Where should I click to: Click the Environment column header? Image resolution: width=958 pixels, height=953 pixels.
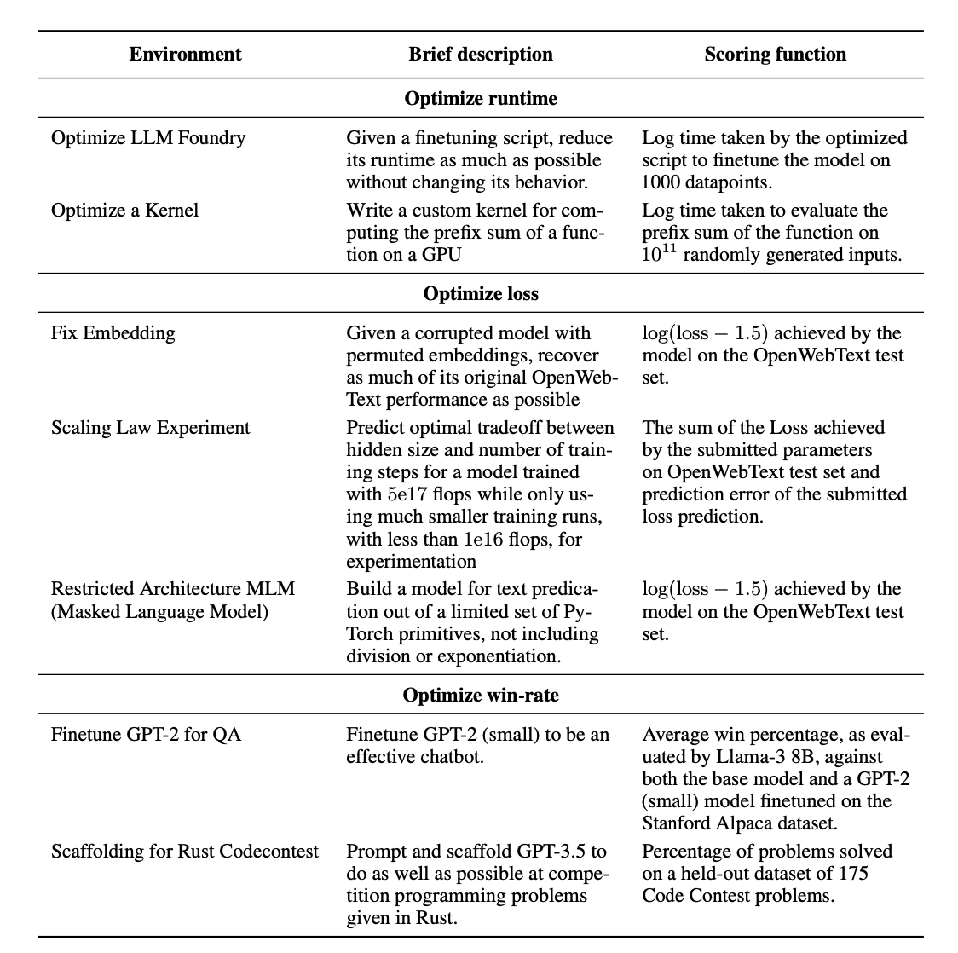pyautogui.click(x=185, y=55)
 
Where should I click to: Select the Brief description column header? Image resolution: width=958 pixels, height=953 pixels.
pyautogui.click(x=481, y=55)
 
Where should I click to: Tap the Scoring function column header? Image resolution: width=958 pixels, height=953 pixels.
pyautogui.click(x=776, y=55)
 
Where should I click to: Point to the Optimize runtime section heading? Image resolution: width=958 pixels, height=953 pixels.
pyautogui.click(x=481, y=99)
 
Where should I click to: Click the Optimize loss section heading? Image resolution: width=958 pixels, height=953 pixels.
pyautogui.click(x=481, y=294)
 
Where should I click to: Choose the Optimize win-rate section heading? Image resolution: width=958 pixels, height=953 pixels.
pyautogui.click(x=481, y=696)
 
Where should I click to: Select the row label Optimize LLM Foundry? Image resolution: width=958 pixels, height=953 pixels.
pyautogui.click(x=148, y=138)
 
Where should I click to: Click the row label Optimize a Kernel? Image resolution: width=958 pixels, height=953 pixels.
pyautogui.click(x=124, y=211)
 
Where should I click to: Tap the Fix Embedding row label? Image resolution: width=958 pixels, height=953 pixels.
pyautogui.click(x=113, y=333)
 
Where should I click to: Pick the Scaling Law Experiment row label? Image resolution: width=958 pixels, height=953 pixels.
pyautogui.click(x=151, y=428)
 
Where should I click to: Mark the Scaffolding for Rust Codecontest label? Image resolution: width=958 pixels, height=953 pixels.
pyautogui.click(x=185, y=852)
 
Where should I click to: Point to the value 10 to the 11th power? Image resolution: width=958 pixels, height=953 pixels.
pyautogui.click(x=658, y=254)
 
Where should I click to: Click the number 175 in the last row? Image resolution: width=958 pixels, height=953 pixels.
pyautogui.click(x=854, y=874)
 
